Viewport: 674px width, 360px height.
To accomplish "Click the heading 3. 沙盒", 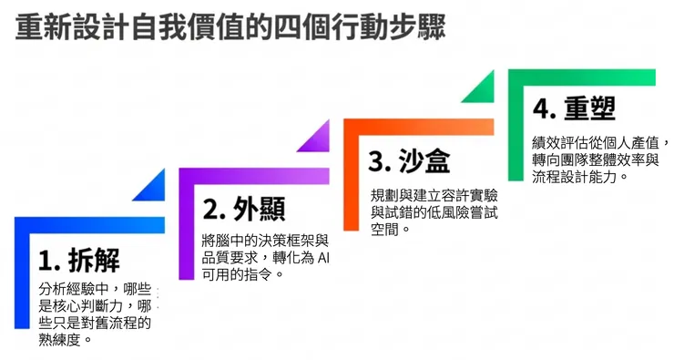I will [x=409, y=160].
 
